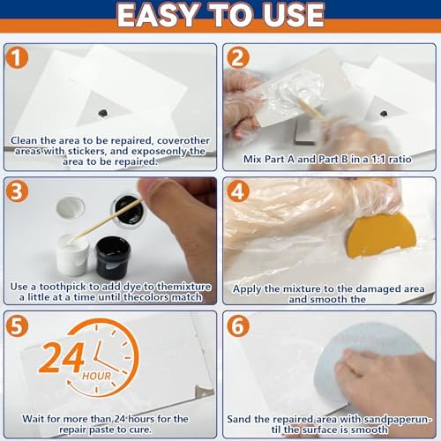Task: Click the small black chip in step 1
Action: [x=104, y=114]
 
